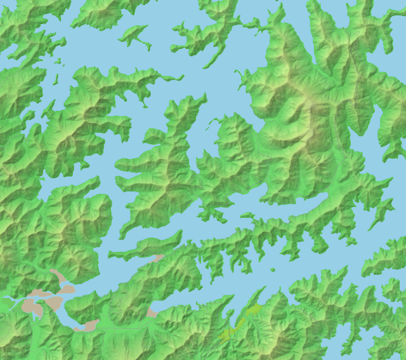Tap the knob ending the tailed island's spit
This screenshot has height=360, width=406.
click(149, 48)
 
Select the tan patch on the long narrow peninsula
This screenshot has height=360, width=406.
click(157, 258)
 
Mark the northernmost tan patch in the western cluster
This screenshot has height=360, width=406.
click(58, 276)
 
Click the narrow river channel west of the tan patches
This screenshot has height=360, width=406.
click(10, 298)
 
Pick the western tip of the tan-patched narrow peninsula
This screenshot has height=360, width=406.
click(110, 255)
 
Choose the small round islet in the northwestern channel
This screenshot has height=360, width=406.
click(58, 62)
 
